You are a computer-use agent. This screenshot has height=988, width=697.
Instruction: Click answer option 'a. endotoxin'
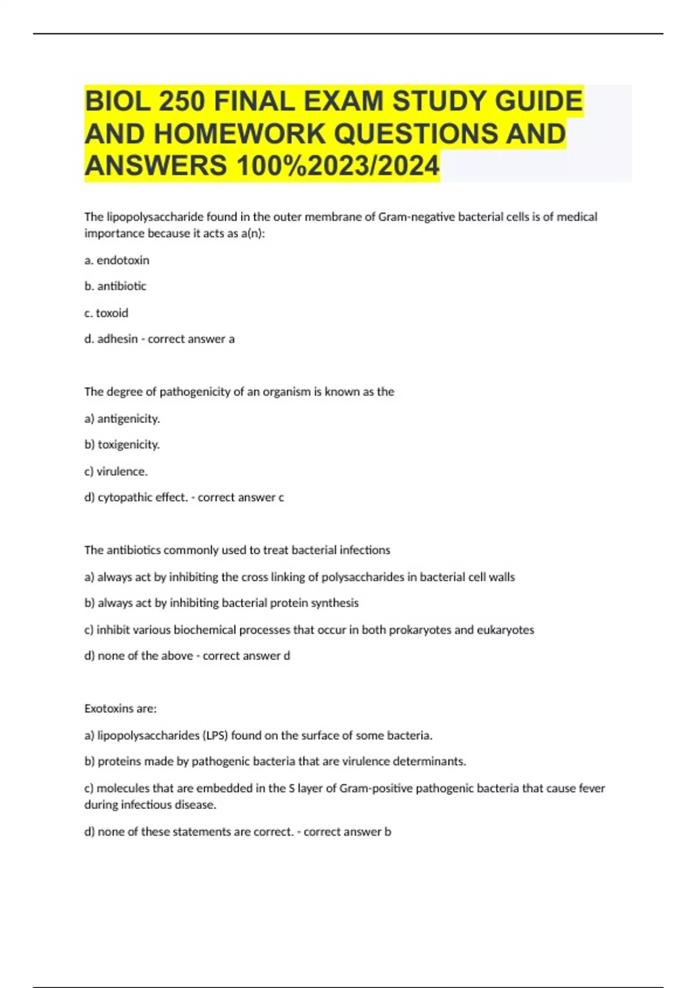117,260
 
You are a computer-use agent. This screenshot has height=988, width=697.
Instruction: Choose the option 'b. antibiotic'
115,286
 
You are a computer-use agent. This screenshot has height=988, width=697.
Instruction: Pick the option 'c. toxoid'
106,313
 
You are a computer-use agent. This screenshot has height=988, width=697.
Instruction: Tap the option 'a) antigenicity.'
122,418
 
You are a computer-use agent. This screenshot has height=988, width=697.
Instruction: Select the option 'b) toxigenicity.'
122,445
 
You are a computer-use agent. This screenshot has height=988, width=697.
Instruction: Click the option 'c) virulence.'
116,471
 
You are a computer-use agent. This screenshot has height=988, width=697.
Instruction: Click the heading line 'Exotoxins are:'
120,708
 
